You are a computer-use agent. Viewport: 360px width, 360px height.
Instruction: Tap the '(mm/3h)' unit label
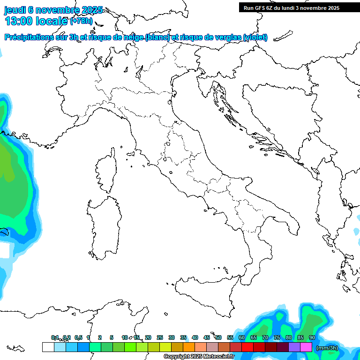click(327, 347)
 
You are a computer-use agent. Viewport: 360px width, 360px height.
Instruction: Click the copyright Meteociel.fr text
click(199, 357)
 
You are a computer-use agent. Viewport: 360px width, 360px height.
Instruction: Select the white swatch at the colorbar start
click(48, 347)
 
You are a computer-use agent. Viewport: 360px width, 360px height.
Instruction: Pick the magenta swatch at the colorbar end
click(306, 347)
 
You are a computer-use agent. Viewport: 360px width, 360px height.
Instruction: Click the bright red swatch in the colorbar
click(247, 347)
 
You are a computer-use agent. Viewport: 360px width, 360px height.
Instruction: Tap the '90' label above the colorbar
click(312, 337)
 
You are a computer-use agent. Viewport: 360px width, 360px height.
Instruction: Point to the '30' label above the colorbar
click(172, 337)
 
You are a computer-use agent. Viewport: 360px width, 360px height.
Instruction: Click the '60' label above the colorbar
click(242, 337)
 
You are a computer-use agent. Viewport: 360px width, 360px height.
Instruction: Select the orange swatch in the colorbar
click(189, 347)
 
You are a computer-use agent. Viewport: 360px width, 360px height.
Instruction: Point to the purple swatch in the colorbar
click(294, 347)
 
